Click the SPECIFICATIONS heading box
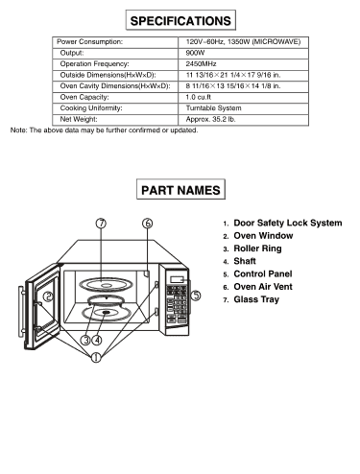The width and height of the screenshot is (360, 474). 180,20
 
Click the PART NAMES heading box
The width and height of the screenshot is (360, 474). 180,191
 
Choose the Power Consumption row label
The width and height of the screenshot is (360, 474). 90,43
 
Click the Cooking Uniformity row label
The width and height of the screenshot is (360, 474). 92,108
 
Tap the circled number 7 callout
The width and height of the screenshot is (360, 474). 100,224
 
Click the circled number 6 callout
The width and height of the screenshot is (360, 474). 148,224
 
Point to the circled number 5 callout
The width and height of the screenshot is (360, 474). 196,296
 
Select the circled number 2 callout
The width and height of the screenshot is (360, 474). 47,297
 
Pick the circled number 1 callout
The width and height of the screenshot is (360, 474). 95,357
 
